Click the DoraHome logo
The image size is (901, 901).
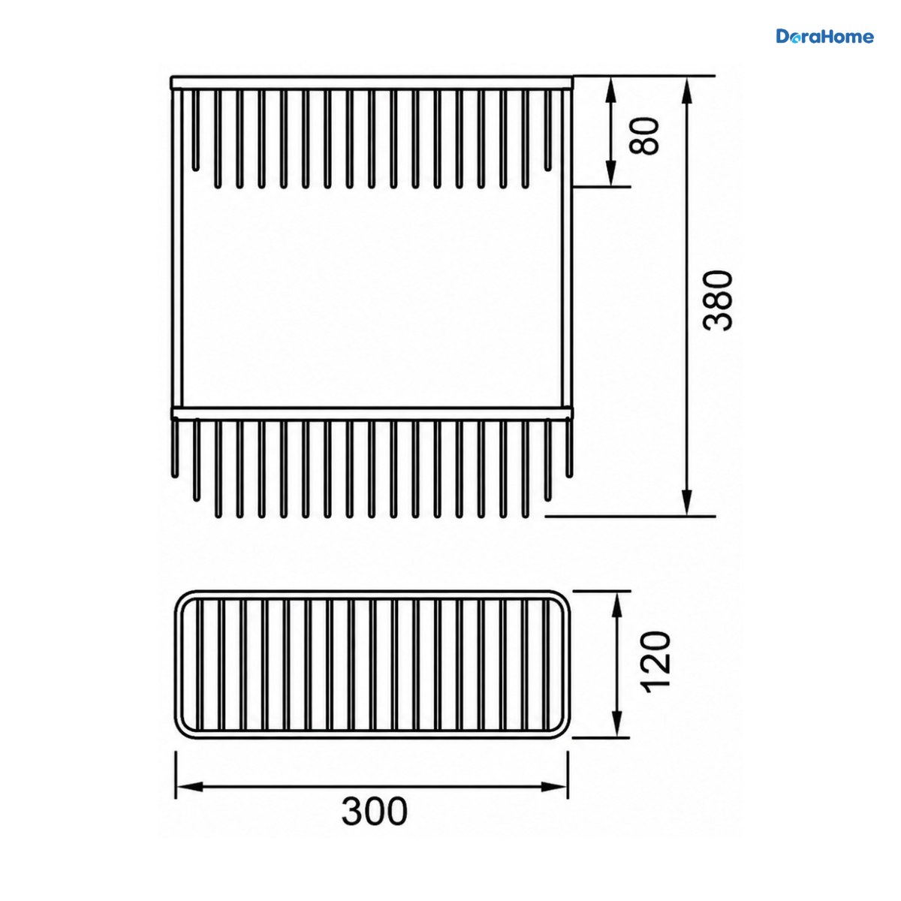(824, 37)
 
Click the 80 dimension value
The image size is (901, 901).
(643, 136)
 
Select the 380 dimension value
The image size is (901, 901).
(718, 300)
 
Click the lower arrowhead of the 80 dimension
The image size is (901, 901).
(610, 173)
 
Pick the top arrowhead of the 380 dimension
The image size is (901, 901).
(686, 90)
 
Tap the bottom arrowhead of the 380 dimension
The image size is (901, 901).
(686, 502)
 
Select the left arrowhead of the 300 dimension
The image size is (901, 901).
(190, 787)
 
